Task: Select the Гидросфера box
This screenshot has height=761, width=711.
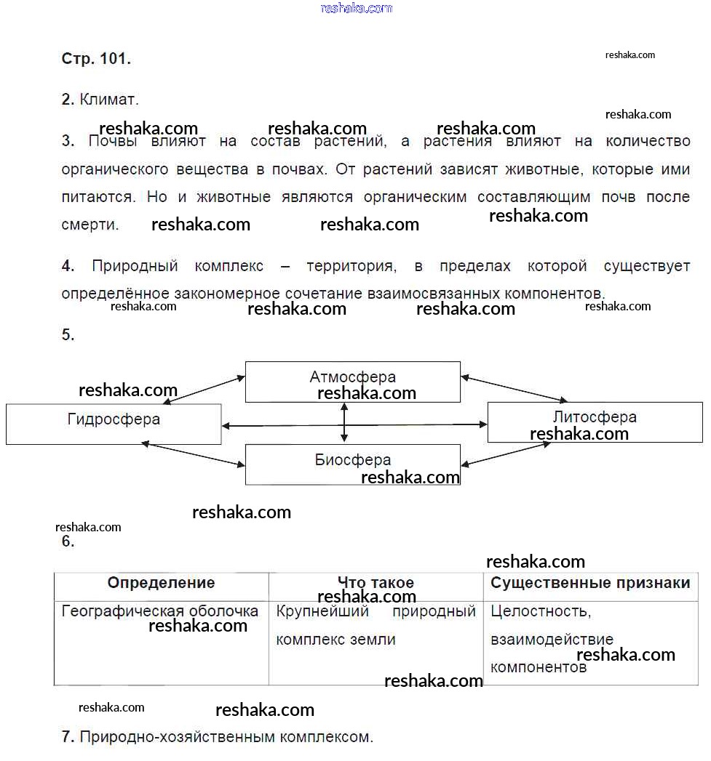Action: (x=114, y=423)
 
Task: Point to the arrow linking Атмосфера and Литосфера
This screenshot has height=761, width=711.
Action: (x=514, y=388)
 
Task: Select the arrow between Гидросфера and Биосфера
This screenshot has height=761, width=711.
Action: (x=196, y=455)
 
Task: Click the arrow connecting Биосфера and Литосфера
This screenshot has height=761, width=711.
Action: (x=506, y=454)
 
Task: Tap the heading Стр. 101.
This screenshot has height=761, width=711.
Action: (x=96, y=60)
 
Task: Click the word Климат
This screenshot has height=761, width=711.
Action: (x=108, y=100)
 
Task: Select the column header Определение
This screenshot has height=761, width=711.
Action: (x=161, y=583)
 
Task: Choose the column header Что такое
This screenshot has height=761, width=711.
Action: (x=376, y=583)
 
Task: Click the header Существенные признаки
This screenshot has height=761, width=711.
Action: (x=590, y=583)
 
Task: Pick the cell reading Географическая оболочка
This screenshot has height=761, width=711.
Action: (x=160, y=611)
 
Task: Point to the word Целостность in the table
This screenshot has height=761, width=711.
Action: (x=541, y=611)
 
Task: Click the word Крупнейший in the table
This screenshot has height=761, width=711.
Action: (x=322, y=611)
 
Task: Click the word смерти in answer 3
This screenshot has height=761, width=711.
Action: (x=90, y=225)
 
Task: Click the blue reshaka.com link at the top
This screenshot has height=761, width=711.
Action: (x=356, y=8)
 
